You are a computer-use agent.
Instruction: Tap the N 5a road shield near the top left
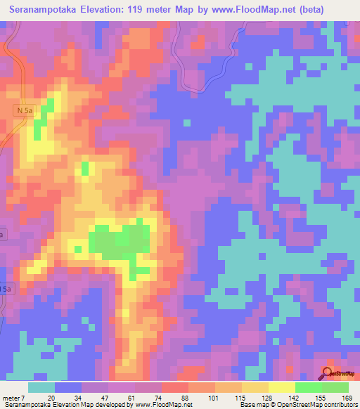(24, 110)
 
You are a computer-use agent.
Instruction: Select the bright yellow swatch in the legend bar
(281, 387)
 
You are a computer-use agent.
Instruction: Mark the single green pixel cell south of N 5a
(85, 167)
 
